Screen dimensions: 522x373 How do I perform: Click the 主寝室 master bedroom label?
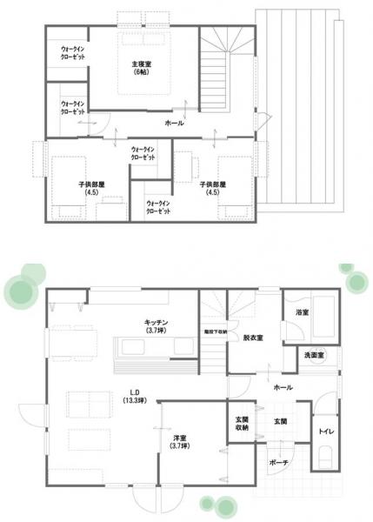[142, 64]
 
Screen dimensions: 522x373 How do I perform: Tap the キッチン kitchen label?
[157, 322]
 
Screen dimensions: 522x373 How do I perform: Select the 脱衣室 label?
[253, 337]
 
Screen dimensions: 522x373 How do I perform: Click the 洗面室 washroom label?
[314, 356]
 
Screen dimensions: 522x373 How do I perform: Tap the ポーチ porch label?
[278, 463]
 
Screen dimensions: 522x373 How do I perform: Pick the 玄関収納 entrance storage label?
[242, 425]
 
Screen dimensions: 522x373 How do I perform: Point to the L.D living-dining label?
[135, 391]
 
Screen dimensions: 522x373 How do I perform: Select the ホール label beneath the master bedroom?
[173, 124]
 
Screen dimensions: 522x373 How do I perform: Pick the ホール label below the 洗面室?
[283, 386]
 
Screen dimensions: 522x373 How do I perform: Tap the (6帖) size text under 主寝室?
[142, 74]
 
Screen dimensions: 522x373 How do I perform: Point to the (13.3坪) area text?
[135, 401]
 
